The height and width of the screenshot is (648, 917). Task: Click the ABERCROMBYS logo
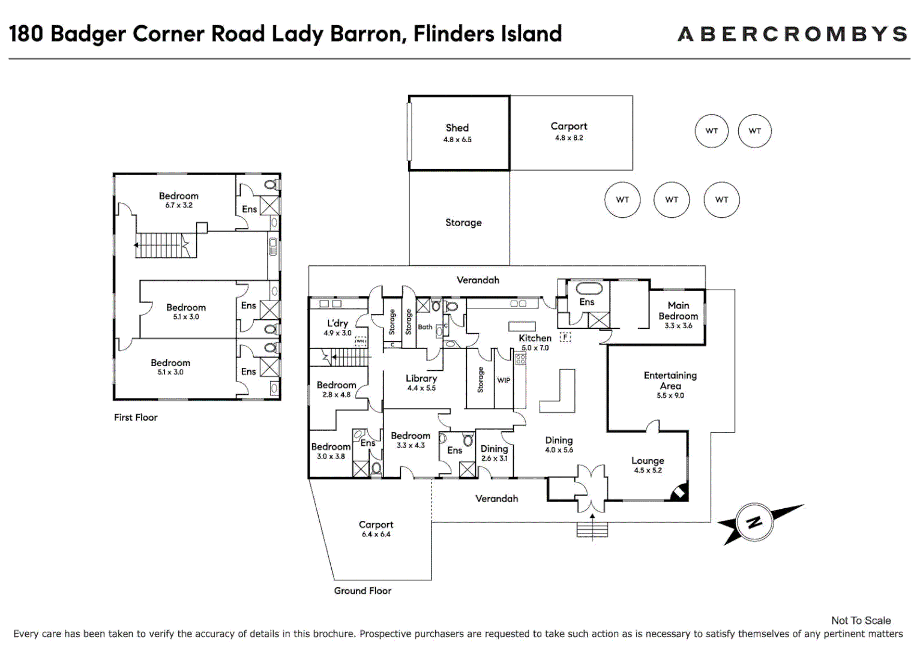coord(792,34)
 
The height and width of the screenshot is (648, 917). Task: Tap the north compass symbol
coord(754,522)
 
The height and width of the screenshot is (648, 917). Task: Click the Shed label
coord(457,128)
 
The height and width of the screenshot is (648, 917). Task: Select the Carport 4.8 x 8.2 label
coord(569,127)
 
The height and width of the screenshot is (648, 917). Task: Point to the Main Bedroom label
coord(678,311)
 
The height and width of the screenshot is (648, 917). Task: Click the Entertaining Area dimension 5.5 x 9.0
coord(670,396)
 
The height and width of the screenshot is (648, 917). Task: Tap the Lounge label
coord(648,461)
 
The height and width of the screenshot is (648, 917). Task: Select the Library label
coord(421,379)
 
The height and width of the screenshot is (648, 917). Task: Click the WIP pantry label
coord(504,380)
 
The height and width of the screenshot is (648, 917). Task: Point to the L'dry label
coord(337,323)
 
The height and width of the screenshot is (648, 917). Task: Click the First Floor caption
coord(136,418)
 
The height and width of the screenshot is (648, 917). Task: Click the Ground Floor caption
coord(362,591)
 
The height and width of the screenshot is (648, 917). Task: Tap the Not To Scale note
coord(861,620)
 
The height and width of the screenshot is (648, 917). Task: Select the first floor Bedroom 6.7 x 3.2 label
coord(178,196)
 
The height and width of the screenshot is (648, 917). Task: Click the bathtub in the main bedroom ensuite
coord(589,289)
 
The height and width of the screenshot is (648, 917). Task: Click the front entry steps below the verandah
coord(592,530)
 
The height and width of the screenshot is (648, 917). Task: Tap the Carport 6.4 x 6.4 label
coord(376,525)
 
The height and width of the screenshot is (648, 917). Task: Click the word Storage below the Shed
coord(463,223)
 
